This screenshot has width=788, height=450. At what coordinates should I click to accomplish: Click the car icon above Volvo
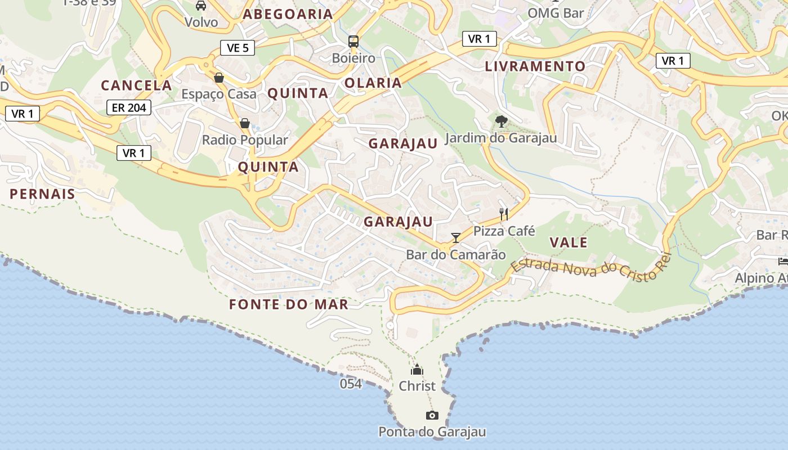[x=201, y=6]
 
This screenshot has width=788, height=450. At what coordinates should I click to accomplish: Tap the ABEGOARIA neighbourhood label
[x=288, y=15]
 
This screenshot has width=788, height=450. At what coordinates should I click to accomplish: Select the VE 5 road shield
[x=238, y=48]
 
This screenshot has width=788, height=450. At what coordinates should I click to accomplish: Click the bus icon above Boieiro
[x=353, y=41]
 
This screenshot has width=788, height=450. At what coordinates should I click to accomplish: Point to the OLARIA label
[x=373, y=83]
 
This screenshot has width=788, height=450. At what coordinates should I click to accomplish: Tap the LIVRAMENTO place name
[x=535, y=66]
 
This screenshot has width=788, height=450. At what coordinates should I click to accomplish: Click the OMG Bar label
[x=556, y=12]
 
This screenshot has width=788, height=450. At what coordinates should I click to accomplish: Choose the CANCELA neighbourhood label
[x=136, y=85]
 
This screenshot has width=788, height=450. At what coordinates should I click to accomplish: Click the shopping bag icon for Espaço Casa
[x=219, y=78]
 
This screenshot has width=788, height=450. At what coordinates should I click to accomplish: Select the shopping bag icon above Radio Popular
[x=245, y=123]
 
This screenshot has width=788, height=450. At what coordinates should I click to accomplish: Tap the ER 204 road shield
[x=129, y=107]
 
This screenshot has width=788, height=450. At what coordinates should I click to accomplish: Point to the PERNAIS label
[x=42, y=194]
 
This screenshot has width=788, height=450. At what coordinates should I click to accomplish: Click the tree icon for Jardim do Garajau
[x=501, y=121]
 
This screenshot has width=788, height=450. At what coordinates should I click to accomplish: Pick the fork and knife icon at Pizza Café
[x=504, y=214]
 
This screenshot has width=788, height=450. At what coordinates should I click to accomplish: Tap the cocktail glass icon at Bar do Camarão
[x=456, y=238]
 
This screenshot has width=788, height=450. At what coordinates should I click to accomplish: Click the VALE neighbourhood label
[x=568, y=243]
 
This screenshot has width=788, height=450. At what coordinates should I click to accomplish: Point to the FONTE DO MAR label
[x=289, y=305]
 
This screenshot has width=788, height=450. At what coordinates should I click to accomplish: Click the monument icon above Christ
[x=417, y=370]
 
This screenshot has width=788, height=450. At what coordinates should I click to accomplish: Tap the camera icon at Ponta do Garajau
[x=432, y=416]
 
